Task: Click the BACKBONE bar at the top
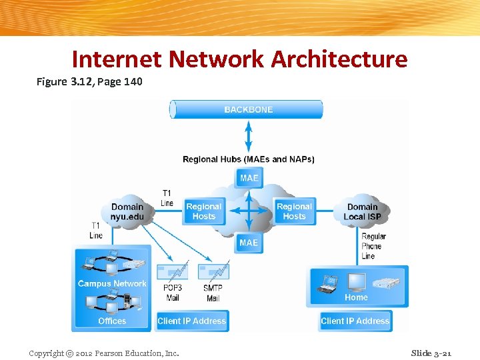(247, 109)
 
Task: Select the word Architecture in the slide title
(339, 59)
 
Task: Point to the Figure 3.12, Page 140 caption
(89, 82)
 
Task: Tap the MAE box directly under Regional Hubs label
(249, 178)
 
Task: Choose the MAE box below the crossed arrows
(249, 243)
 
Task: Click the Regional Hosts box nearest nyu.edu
(203, 211)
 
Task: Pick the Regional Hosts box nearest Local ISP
(294, 211)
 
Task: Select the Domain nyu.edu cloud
(127, 211)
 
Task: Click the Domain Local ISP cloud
(363, 211)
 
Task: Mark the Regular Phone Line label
(373, 246)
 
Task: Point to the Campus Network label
(112, 283)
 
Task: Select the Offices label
(112, 321)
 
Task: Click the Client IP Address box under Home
(355, 321)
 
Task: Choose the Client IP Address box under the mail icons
(191, 321)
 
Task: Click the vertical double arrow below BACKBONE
(249, 136)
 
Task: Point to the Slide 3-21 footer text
(431, 353)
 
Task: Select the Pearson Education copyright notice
(104, 353)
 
